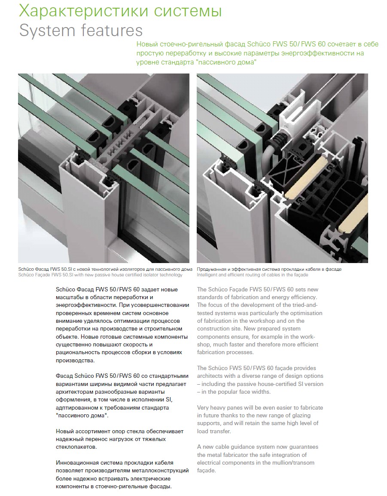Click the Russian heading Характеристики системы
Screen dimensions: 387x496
point(120,11)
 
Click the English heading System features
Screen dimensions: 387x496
point(81,31)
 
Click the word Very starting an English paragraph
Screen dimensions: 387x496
point(203,408)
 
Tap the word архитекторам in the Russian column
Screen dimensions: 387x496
point(73,392)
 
